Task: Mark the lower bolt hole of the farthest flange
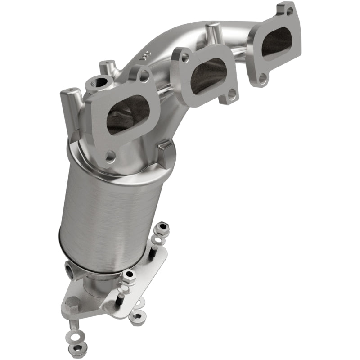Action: click(262, 80)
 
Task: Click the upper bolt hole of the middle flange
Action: click(184, 57)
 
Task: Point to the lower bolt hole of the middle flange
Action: click(231, 94)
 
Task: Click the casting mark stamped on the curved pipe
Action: click(143, 58)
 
